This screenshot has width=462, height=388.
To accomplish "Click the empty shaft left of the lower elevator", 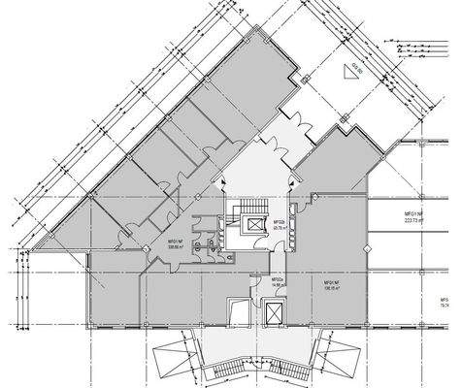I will point(237,311).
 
